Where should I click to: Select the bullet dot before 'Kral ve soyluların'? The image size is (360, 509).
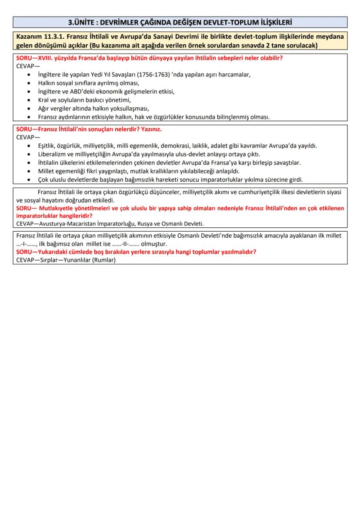29,100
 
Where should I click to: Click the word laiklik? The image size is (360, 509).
201,146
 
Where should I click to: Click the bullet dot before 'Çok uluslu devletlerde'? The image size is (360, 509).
29,180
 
